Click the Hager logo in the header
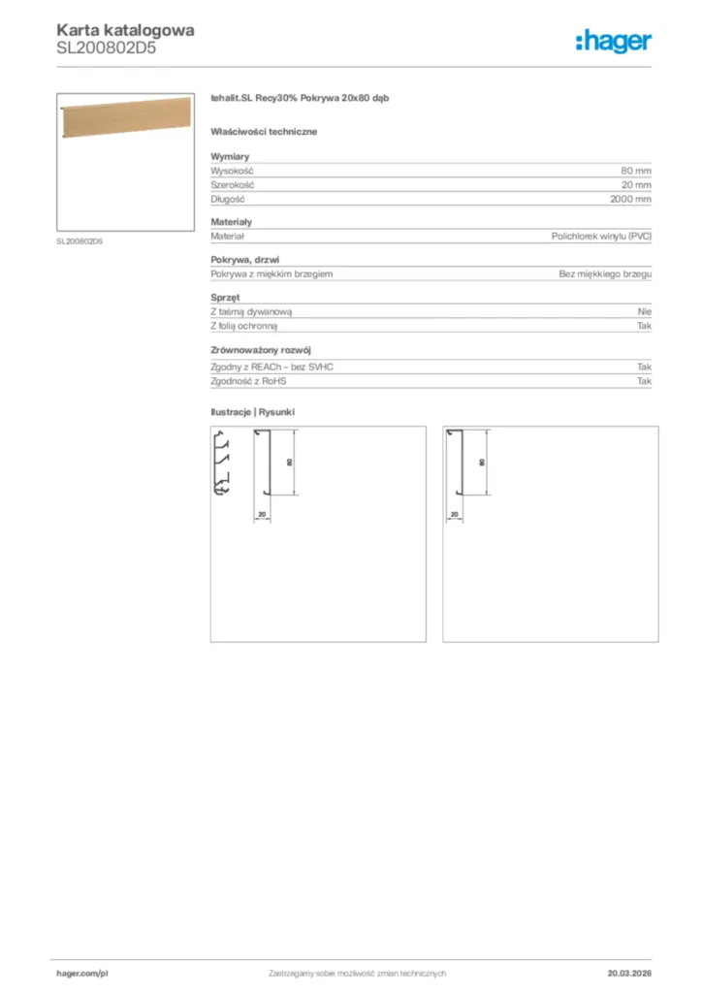613,41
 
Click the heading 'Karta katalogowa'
125,30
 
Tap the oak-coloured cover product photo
125,121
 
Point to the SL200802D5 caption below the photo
80,241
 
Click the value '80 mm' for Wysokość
636,170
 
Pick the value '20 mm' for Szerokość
636,184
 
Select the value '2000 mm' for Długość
631,199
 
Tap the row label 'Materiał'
228,236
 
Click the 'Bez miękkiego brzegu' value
605,274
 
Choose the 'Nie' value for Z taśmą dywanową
645,311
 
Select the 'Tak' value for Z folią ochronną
645,326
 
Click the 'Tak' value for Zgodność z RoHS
645,381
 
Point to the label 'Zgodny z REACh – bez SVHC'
278,368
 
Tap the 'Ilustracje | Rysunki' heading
253,412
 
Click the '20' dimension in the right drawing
455,514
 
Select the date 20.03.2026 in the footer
629,973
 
